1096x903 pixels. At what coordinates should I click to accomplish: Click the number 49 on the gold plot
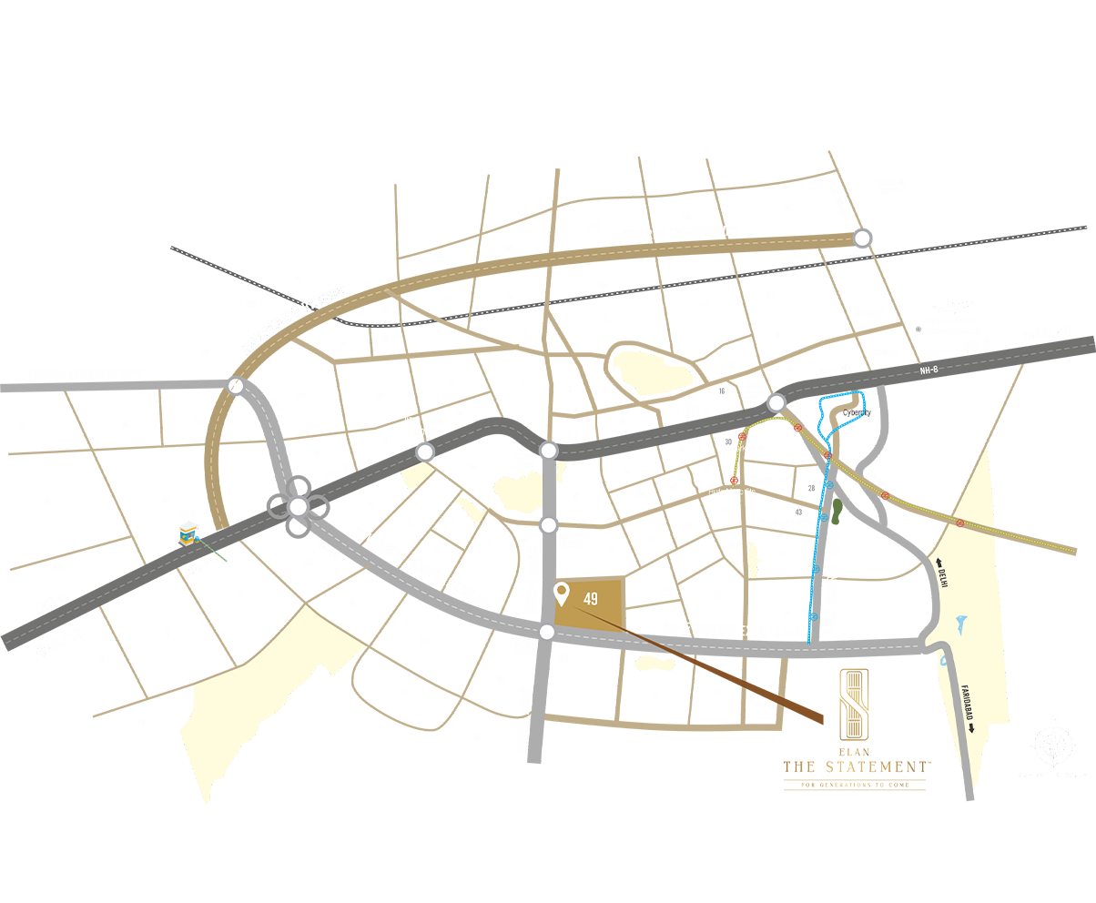click(x=592, y=598)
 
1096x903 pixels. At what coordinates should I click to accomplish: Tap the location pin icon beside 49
click(x=563, y=595)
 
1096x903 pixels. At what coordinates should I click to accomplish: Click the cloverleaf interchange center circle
click(x=299, y=507)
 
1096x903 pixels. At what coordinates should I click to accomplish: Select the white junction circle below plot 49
click(x=546, y=633)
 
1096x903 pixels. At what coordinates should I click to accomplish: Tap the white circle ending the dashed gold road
click(x=861, y=238)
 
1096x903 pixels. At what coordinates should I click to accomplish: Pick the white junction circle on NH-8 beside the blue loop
click(x=776, y=403)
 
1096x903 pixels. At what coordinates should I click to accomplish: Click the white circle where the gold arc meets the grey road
click(x=237, y=387)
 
